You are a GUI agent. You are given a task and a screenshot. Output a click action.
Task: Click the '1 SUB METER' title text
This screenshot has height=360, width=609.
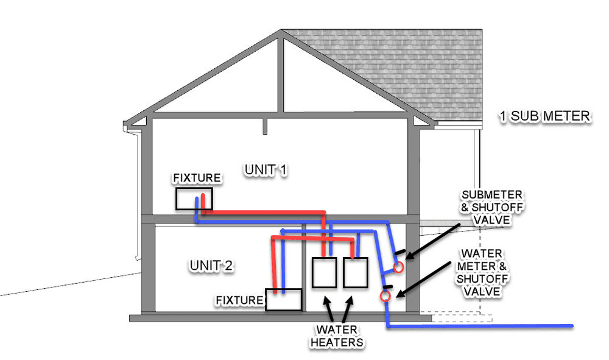544,116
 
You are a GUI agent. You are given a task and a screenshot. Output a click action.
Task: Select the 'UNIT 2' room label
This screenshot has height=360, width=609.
211,266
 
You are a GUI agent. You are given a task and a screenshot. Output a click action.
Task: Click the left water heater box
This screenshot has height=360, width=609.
324,273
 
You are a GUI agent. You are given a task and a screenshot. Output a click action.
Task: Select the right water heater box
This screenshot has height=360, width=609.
355,273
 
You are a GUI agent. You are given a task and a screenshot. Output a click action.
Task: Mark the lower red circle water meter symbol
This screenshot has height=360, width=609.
385,297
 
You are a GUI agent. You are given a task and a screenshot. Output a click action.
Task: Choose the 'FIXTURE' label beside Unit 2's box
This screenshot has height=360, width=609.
240,300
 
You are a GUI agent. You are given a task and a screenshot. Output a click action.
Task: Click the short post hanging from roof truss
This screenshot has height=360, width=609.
264,125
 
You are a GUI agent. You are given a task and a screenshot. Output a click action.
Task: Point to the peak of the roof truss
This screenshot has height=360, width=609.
280,34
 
